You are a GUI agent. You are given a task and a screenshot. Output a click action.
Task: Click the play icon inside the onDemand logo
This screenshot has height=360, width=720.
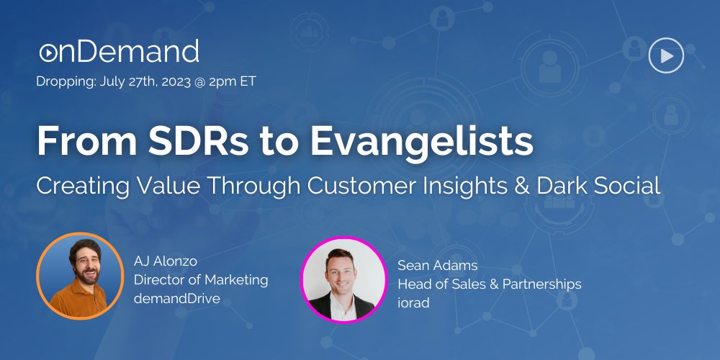[48, 53]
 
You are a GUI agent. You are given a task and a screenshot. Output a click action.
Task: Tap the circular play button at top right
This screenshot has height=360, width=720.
[666, 55]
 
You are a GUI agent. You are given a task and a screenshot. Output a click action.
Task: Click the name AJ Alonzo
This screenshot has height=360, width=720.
[166, 262]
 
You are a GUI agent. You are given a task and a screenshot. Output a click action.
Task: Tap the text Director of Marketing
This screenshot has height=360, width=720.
[201, 279]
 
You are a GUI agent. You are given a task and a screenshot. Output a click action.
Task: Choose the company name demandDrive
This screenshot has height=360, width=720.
[177, 299]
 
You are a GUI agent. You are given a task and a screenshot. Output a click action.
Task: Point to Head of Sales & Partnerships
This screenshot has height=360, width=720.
[490, 284]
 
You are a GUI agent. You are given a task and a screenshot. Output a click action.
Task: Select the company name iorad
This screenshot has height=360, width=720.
[414, 303]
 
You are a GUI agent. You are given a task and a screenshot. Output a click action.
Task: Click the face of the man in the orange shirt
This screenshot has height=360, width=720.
[86, 262]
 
